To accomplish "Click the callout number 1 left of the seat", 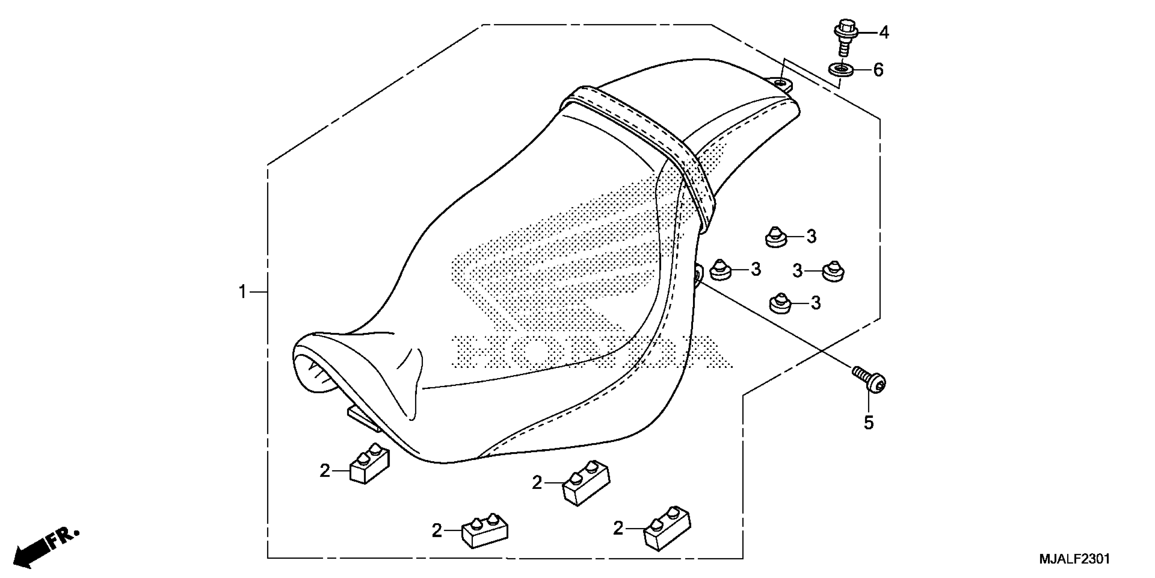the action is (243, 292).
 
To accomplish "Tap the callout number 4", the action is (884, 32).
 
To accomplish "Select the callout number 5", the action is (869, 423).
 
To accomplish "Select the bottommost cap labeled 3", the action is (781, 304).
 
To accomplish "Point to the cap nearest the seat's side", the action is (721, 270).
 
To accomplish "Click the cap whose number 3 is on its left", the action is (834, 272).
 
